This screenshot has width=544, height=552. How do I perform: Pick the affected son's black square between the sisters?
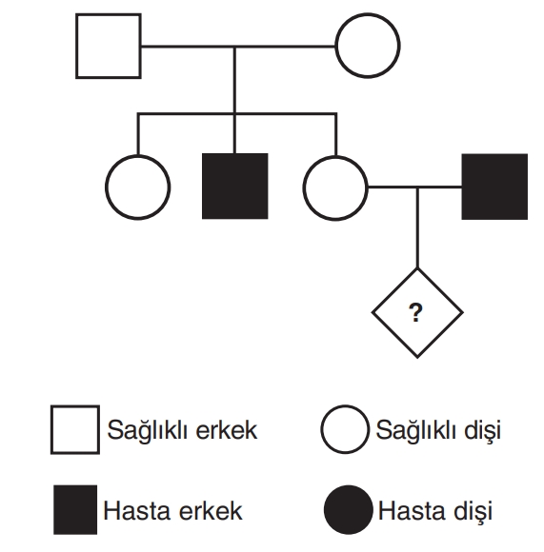235,187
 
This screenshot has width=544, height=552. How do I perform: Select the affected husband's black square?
494,187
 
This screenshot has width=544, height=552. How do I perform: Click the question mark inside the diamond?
415,312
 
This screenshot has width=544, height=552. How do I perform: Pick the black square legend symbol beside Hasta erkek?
75,510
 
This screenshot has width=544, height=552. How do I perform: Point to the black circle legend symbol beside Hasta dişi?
349,510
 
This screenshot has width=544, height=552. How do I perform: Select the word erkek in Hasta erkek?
211,511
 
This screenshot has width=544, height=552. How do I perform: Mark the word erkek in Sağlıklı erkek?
226,430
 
